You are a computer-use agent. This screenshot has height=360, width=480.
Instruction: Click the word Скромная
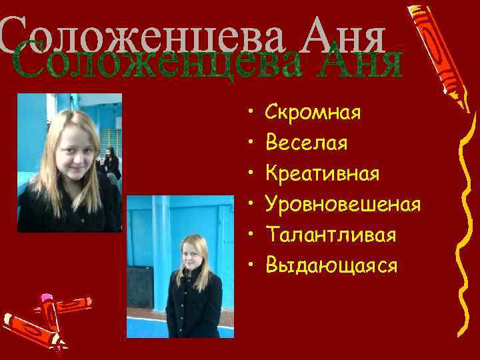point(313,112)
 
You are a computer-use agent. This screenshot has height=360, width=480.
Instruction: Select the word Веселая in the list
point(306,143)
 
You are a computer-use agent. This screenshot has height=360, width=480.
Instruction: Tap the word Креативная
point(322,173)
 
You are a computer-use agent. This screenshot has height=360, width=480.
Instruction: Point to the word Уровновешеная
point(343,204)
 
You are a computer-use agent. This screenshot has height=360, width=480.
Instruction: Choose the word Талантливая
point(331,235)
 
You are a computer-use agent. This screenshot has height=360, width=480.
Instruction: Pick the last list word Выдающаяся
point(331,265)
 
